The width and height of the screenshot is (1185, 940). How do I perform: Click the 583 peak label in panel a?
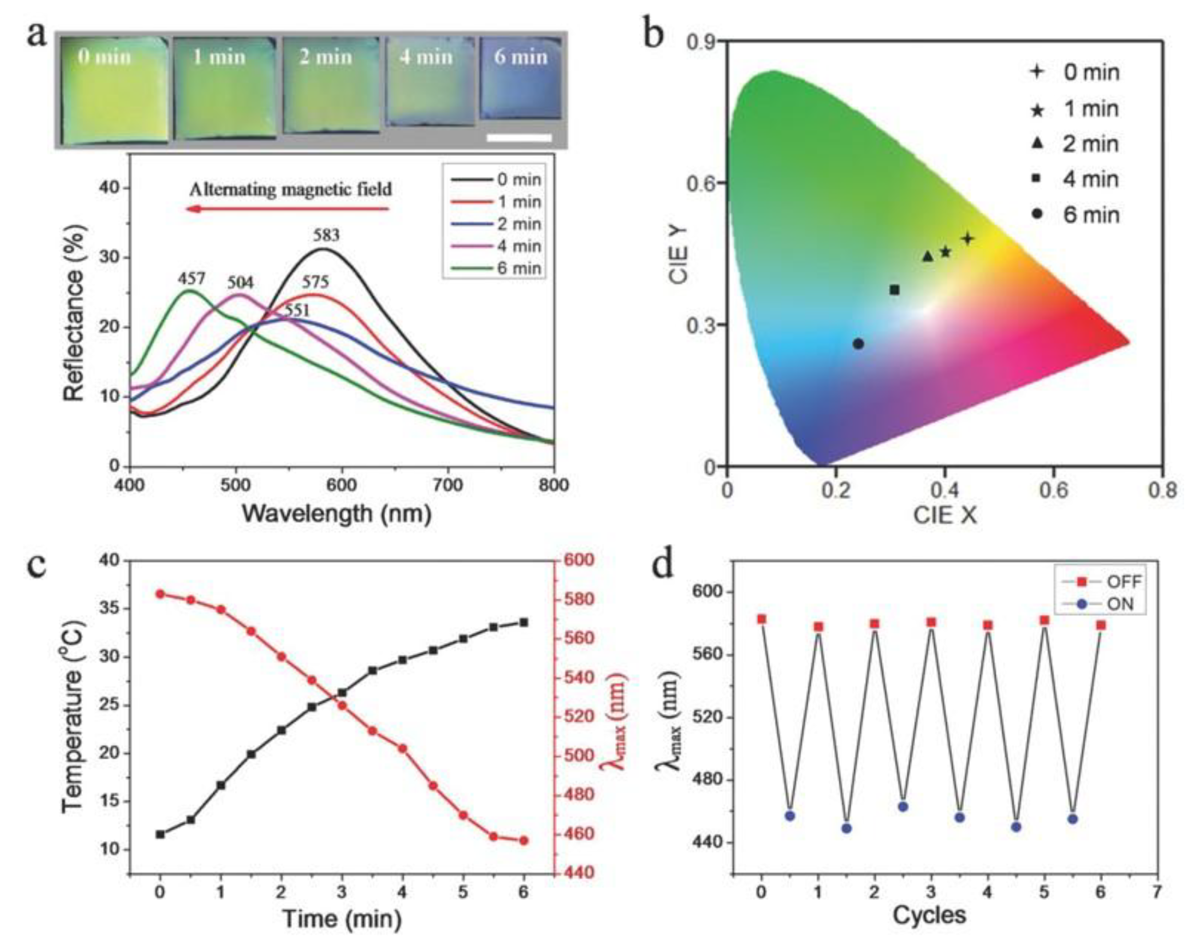tap(327, 235)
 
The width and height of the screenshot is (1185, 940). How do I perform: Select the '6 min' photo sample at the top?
tap(521, 78)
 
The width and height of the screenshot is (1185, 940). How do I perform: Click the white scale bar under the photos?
tap(519, 137)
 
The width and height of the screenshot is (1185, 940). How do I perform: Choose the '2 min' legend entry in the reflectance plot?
tap(496, 224)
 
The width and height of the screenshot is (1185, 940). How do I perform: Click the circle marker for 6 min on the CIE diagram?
tap(858, 344)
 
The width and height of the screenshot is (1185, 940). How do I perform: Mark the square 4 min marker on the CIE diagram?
tap(894, 290)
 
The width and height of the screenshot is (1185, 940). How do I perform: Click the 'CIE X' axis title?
tap(945, 515)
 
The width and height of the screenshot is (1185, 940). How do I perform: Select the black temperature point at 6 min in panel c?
tap(524, 622)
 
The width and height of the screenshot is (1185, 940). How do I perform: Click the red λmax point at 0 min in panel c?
tap(160, 594)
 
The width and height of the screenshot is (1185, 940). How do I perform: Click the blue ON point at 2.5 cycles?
tap(903, 806)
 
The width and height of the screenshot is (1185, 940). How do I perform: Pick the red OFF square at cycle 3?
tap(931, 623)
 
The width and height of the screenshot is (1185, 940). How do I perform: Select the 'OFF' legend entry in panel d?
tap(1106, 581)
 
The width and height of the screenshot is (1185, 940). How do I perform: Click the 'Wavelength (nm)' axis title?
tap(336, 514)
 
